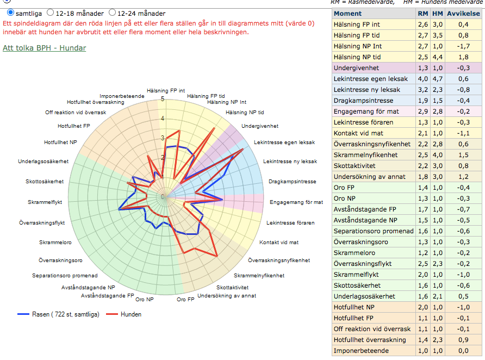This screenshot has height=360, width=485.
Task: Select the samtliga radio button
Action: (x=10, y=13)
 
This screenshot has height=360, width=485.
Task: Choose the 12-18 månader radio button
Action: (x=50, y=13)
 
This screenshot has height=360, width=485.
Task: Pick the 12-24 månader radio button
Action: (x=113, y=13)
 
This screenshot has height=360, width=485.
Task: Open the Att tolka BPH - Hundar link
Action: (x=44, y=48)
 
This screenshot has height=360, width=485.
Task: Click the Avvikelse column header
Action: (x=463, y=14)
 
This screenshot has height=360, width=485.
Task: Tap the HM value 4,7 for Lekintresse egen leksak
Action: (x=437, y=79)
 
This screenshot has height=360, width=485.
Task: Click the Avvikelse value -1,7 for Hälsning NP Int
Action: (x=463, y=46)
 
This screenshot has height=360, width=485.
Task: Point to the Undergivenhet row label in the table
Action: (x=356, y=68)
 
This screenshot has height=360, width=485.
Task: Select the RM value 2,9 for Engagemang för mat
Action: (x=423, y=111)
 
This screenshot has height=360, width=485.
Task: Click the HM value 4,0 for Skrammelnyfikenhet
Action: (x=437, y=155)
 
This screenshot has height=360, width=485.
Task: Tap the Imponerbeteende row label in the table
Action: (x=361, y=351)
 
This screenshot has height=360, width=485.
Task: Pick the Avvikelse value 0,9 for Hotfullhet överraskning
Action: (x=463, y=340)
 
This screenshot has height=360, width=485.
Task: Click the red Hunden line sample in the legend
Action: (x=111, y=314)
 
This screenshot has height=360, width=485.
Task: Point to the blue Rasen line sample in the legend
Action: (x=23, y=314)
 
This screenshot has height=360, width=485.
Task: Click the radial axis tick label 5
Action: (x=163, y=99)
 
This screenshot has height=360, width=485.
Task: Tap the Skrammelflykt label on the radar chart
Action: (x=45, y=202)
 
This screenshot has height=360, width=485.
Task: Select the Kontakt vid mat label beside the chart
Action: (x=279, y=242)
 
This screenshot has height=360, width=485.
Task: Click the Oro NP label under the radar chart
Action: (x=145, y=300)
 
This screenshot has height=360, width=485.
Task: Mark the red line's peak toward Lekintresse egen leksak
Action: (x=243, y=149)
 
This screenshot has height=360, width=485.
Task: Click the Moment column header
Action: (x=347, y=14)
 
